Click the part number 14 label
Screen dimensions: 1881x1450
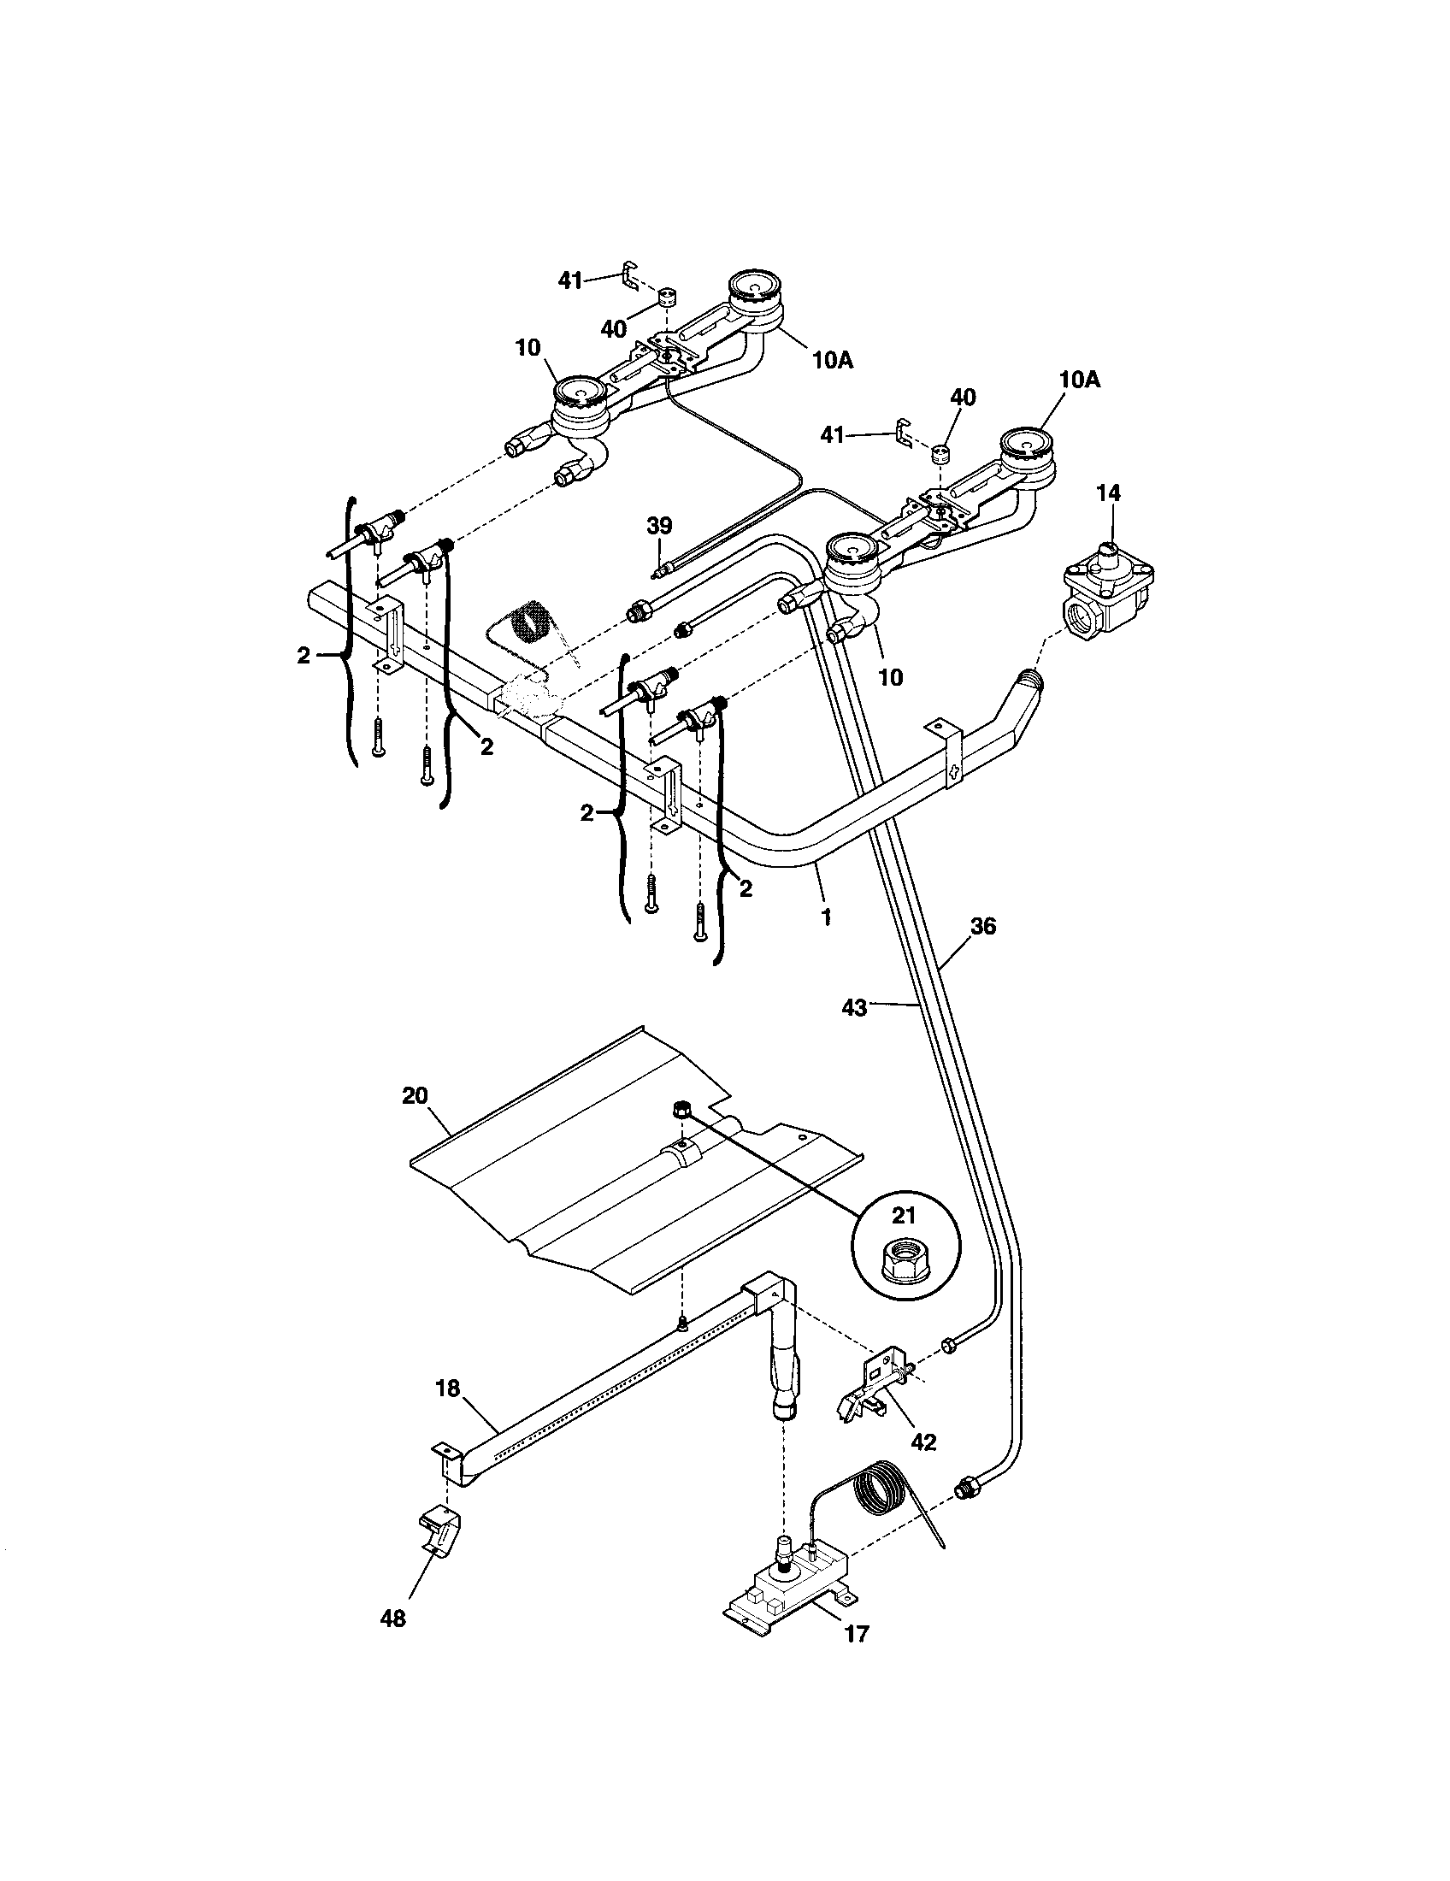click(x=1109, y=493)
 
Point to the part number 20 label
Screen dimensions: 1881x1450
click(x=414, y=1095)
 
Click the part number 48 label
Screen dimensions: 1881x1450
click(x=392, y=1619)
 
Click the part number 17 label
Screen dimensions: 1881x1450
click(x=857, y=1633)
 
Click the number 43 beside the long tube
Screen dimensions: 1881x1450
click(x=854, y=1007)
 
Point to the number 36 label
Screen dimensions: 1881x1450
click(x=982, y=927)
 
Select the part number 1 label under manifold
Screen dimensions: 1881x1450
click(x=826, y=917)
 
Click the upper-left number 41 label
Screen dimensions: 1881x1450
click(x=570, y=280)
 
